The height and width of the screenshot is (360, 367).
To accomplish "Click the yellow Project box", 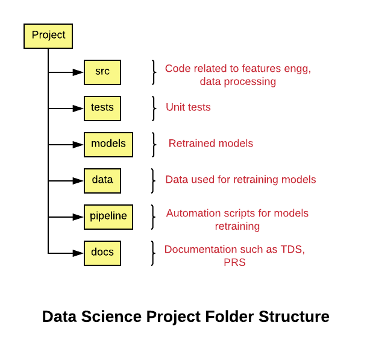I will point(48,36).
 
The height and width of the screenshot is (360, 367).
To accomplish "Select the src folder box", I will point(102,72).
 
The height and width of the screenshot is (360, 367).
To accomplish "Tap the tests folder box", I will point(102,108).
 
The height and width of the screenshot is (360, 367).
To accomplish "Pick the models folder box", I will point(108,144).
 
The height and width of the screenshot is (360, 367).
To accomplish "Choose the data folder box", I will point(102,180).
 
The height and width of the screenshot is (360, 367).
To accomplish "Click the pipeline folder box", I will point(108,216).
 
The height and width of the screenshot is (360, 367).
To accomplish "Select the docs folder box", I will point(102,253).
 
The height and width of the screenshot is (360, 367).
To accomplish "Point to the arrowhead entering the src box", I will point(78,72).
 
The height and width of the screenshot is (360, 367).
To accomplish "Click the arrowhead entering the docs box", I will point(78,253).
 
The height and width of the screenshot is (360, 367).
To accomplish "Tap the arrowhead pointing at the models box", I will point(78,145).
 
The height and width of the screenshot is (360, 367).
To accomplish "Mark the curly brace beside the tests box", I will point(154,108).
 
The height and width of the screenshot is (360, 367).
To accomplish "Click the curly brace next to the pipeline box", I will point(153,217).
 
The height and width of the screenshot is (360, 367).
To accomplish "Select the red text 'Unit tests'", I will point(188,107).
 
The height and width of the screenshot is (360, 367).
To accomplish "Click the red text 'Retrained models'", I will point(211,144).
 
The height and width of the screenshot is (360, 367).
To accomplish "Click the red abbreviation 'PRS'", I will point(234,262).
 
